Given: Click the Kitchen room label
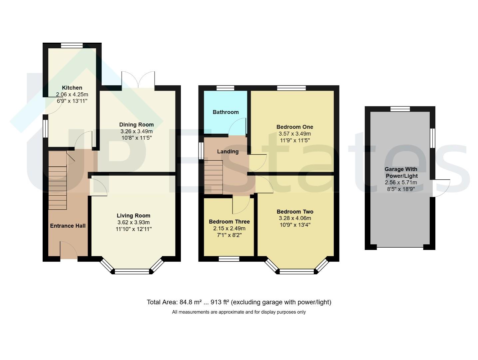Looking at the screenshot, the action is pyautogui.click(x=72, y=88).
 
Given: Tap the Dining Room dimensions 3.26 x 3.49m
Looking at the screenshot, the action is pyautogui.click(x=137, y=131).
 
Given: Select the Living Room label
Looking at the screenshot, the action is pyautogui.click(x=134, y=216).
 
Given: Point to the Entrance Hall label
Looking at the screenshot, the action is pyautogui.click(x=68, y=226).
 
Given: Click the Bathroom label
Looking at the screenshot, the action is pyautogui.click(x=226, y=112).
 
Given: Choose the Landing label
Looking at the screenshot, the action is pyautogui.click(x=228, y=151).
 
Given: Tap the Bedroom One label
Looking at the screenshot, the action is pyautogui.click(x=295, y=127).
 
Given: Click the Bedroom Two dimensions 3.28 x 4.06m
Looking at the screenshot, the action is pyautogui.click(x=295, y=218).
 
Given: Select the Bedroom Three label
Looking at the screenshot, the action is pyautogui.click(x=229, y=222).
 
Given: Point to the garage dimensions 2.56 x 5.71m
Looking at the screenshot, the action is pyautogui.click(x=401, y=182).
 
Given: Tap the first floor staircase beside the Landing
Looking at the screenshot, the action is pyautogui.click(x=214, y=177).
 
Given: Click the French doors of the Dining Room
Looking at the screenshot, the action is pyautogui.click(x=138, y=80).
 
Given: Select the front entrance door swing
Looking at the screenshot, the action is pyautogui.click(x=69, y=249).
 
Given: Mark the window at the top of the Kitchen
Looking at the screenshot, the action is pyautogui.click(x=72, y=45).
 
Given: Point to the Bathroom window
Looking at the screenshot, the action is pyautogui.click(x=226, y=88).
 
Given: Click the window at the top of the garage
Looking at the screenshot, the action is pyautogui.click(x=400, y=109).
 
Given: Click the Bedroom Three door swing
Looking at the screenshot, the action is pyautogui.click(x=241, y=205).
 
